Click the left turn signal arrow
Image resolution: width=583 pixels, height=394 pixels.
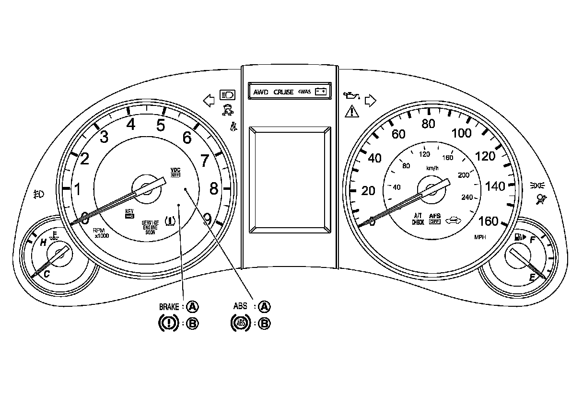pyautogui.click(x=209, y=100)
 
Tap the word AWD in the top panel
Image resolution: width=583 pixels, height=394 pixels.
pyautogui.click(x=262, y=92)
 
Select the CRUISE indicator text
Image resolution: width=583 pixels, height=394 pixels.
pyautogui.click(x=283, y=92)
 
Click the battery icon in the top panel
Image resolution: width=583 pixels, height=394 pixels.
pyautogui.click(x=321, y=92)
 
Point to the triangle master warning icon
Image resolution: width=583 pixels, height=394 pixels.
pyautogui.click(x=351, y=113)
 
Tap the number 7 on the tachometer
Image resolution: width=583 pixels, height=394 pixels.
pyautogui.click(x=204, y=161)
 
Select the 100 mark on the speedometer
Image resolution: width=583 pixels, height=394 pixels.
pyautogui.click(x=462, y=133)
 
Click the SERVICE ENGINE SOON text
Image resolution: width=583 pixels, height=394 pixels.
pyautogui.click(x=150, y=226)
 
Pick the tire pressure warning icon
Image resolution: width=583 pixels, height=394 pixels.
pyautogui.click(x=169, y=221)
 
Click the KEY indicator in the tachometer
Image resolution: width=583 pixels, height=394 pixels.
pyautogui.click(x=129, y=214)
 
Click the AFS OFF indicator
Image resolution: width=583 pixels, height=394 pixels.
pyautogui.click(x=434, y=219)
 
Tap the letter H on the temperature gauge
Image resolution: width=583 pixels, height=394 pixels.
pyautogui.click(x=43, y=243)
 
